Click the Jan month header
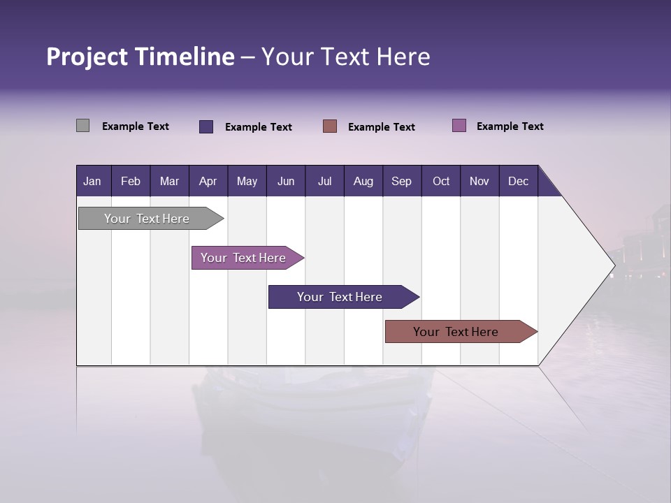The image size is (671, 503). pos(92,181)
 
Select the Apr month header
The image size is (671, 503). pos(208,181)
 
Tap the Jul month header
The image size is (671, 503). pos(324,181)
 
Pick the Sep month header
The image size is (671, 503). pos(401,181)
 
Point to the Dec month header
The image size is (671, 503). pos(518,181)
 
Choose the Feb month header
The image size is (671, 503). pos(131,181)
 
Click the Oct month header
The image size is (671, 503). pos(441,181)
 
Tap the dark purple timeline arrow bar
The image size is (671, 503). pos(340,297)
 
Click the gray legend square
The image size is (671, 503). pos(82,126)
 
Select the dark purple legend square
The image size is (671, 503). pos(206,126)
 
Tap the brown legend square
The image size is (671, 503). pos(330,126)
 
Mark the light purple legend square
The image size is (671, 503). pos(459,126)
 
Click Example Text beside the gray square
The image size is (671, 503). pos(136,126)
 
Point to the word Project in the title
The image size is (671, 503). pos(86,57)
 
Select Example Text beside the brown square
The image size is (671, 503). pos(382,127)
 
